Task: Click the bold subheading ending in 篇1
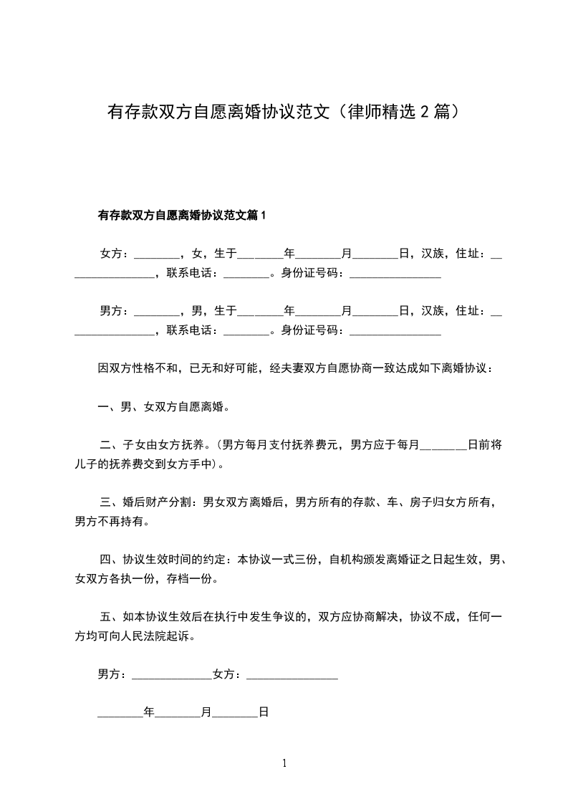point(181,214)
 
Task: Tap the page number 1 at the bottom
point(284,763)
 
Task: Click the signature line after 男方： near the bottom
point(172,674)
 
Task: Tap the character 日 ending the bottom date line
point(264,713)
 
